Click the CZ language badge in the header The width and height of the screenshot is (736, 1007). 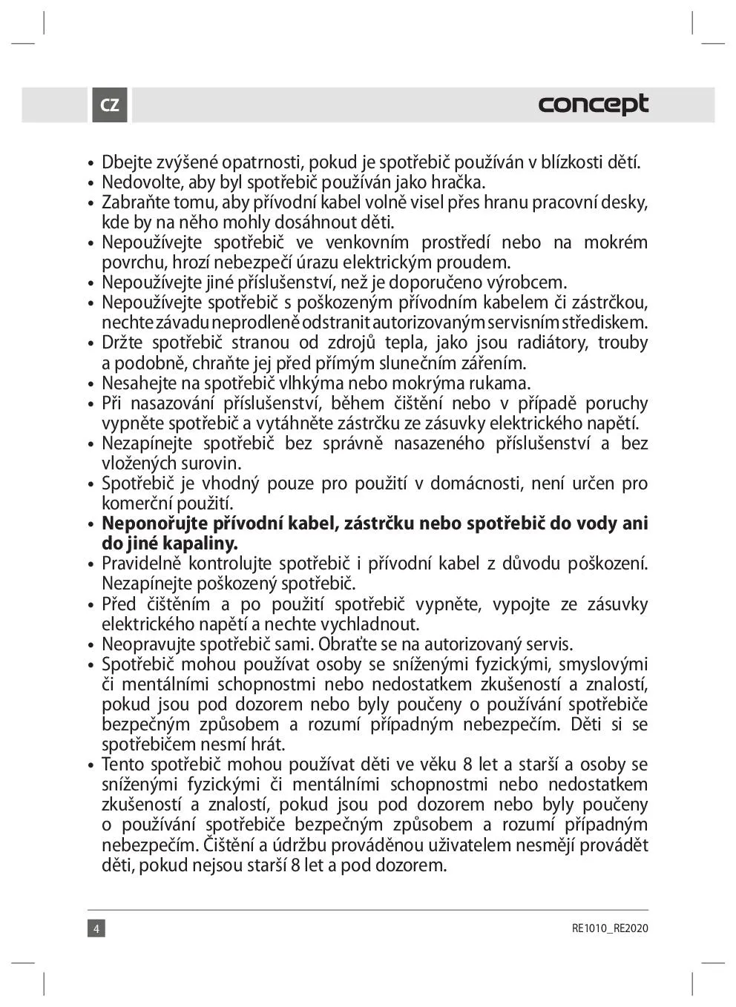[110, 105]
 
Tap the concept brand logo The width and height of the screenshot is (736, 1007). [593, 104]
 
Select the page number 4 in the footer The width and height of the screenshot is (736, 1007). [96, 928]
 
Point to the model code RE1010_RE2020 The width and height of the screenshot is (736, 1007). [610, 928]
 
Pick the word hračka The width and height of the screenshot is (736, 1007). [456, 182]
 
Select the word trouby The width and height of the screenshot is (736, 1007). [622, 343]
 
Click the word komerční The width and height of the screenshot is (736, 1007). [136, 503]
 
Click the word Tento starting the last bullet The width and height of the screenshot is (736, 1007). [123, 765]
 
